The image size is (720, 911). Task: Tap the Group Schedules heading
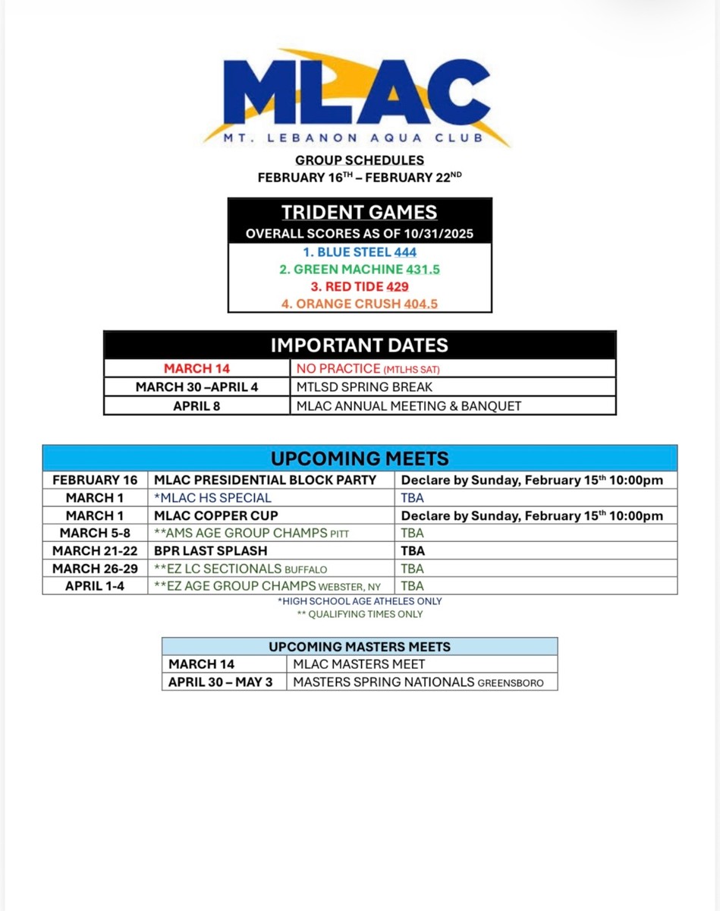pyautogui.click(x=360, y=160)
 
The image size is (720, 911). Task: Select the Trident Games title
pyautogui.click(x=360, y=212)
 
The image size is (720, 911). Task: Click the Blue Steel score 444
pyautogui.click(x=405, y=252)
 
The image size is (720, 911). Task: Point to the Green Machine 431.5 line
pyautogui.click(x=360, y=270)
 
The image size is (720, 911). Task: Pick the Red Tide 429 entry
pyautogui.click(x=360, y=286)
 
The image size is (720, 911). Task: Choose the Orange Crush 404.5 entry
pyautogui.click(x=360, y=304)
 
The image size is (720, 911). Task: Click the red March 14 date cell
pyautogui.click(x=197, y=368)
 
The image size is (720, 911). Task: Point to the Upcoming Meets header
pyautogui.click(x=360, y=459)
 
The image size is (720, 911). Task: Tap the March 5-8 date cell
pyautogui.click(x=95, y=533)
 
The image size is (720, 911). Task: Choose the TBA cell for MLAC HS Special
pyautogui.click(x=412, y=498)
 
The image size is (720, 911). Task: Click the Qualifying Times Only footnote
pyautogui.click(x=360, y=614)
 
